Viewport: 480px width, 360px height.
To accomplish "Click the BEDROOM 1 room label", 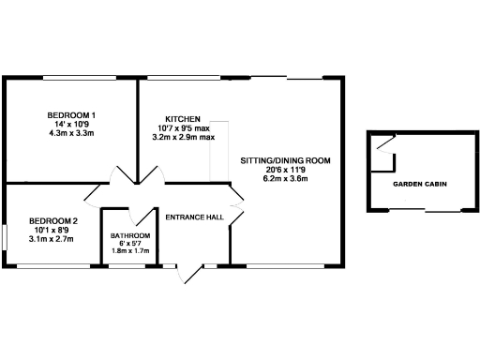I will (x=72, y=115).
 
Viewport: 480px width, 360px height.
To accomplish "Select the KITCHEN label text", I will (x=183, y=118).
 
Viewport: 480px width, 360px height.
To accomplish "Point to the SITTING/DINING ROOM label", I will (x=285, y=161).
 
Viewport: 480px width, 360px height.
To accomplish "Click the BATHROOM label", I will (x=130, y=235).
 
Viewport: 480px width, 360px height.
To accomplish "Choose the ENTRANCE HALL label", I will (x=194, y=217).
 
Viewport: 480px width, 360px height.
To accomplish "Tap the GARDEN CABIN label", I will (x=419, y=185).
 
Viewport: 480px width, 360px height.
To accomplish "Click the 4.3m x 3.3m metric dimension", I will (x=72, y=133).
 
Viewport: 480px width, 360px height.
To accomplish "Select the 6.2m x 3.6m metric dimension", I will (x=285, y=178).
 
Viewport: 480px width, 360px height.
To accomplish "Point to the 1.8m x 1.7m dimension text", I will (x=130, y=251).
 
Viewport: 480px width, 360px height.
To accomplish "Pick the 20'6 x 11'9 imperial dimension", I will (x=285, y=170).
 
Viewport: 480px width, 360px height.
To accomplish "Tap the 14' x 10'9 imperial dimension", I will (x=72, y=125).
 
